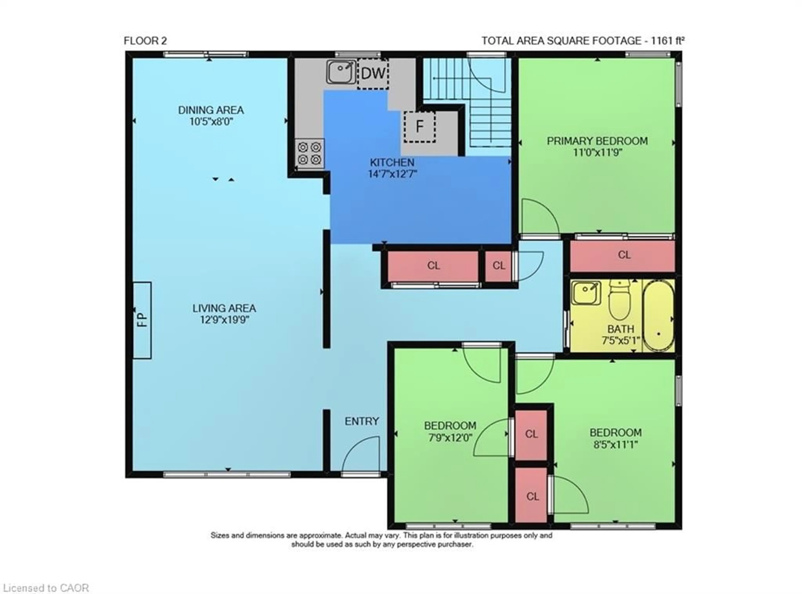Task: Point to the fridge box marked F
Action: click(419, 127)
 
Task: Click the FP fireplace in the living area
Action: click(142, 320)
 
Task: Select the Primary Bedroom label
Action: click(597, 141)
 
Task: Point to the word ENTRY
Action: click(362, 421)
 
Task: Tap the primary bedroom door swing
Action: click(539, 218)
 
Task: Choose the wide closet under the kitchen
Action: click(433, 266)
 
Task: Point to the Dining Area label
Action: click(211, 110)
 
